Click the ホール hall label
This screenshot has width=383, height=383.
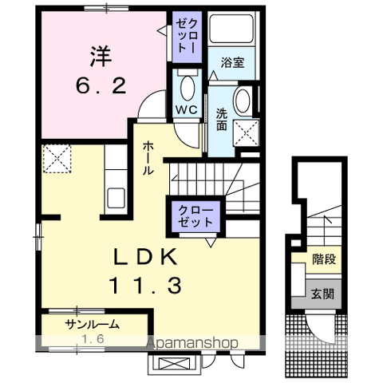pos(149,158)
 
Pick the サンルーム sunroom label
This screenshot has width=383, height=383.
pos(93,324)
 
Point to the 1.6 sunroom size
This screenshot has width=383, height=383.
pos(94,338)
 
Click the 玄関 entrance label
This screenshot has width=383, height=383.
pos(323,294)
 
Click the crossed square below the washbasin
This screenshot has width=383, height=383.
pos(247,133)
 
